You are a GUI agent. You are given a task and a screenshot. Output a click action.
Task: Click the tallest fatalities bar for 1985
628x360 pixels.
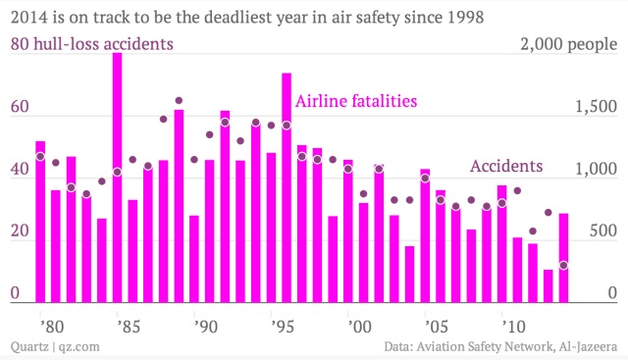[x=117, y=178]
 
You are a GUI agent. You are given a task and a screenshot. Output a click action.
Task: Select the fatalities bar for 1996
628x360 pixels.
[x=287, y=187]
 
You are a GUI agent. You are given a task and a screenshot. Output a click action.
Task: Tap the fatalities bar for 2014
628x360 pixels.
[x=563, y=258]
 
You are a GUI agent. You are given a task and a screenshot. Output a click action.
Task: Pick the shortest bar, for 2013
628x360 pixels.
[x=548, y=286]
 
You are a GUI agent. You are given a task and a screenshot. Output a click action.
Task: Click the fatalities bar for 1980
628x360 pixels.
[x=40, y=222]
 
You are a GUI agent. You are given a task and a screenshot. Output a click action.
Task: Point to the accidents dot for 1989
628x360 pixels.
[x=179, y=100]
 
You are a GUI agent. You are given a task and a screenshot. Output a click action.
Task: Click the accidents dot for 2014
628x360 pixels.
[x=563, y=265]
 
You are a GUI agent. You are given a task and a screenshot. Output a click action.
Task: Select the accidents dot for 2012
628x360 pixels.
[x=533, y=231]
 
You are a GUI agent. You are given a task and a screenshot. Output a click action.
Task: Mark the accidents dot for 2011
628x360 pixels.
[x=517, y=190]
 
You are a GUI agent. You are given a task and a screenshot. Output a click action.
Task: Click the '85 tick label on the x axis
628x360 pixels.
[x=130, y=327]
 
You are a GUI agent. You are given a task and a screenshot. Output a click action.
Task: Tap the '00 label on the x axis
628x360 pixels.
[x=360, y=327]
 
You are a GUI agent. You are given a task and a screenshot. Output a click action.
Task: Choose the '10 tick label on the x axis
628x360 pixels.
[x=514, y=327]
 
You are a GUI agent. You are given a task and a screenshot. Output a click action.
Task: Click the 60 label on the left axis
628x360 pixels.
[x=20, y=107]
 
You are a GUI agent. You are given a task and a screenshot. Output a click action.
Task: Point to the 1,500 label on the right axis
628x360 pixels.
[x=596, y=107]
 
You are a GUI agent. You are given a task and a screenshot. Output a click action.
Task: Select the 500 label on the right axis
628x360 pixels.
[x=603, y=231]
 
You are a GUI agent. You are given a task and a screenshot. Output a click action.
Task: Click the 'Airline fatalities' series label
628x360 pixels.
[x=356, y=101]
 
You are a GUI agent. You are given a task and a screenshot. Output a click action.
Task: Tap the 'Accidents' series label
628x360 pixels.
[x=506, y=166]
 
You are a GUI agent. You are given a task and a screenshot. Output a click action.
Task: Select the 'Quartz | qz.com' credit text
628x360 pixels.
[x=55, y=346]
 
